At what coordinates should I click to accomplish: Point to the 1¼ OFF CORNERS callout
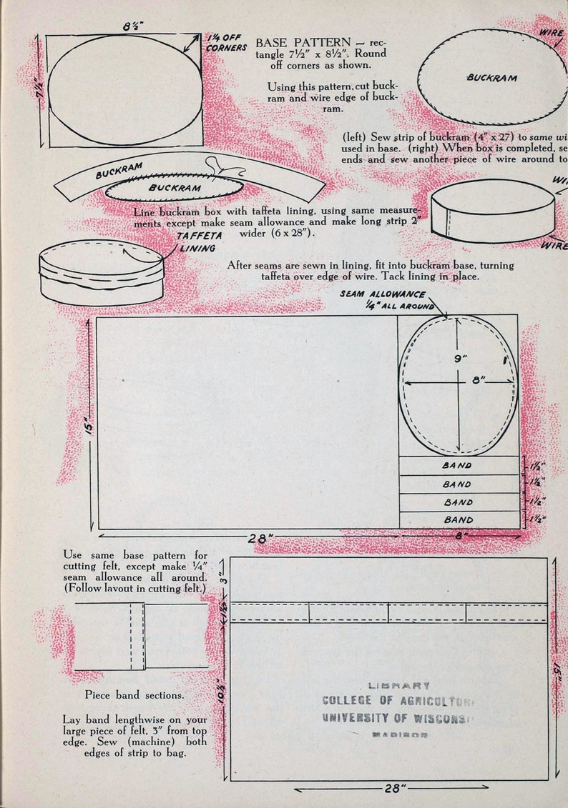(x=227, y=42)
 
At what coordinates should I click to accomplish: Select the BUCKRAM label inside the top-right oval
(x=492, y=77)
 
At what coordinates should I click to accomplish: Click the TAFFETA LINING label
(x=197, y=241)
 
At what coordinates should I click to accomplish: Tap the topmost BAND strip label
(x=458, y=465)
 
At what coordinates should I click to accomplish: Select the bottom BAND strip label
(x=458, y=520)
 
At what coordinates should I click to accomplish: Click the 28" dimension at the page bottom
(x=391, y=788)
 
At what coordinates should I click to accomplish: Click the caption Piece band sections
(x=134, y=694)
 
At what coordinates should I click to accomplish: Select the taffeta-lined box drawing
(x=102, y=271)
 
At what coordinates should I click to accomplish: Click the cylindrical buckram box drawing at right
(x=492, y=211)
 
